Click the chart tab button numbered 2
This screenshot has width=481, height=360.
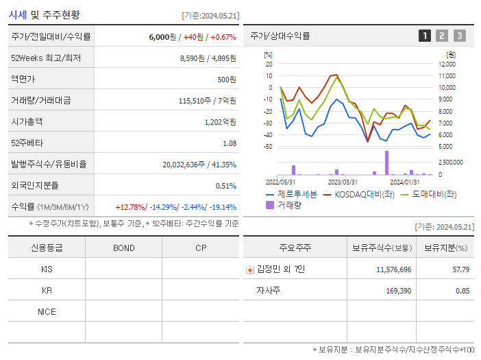[x=442, y=36]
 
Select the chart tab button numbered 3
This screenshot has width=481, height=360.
[x=459, y=36]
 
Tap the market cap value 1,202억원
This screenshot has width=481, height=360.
[x=220, y=121]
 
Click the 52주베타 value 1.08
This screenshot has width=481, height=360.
[x=229, y=143]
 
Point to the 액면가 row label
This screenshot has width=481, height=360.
[x=27, y=79]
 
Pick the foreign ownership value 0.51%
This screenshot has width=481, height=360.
[x=225, y=185]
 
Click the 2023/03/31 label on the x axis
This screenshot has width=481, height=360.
[x=343, y=182]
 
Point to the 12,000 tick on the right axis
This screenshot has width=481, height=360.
[x=446, y=64]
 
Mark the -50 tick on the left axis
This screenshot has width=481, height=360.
[x=268, y=147]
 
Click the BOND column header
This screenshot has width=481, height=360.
[x=123, y=248]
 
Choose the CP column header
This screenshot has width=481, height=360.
[x=200, y=248]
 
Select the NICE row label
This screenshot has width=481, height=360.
[x=47, y=312]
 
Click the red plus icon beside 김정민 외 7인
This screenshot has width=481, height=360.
[x=250, y=269]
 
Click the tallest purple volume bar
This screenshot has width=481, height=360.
[x=386, y=163]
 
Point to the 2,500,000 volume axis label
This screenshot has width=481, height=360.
[x=449, y=163]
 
